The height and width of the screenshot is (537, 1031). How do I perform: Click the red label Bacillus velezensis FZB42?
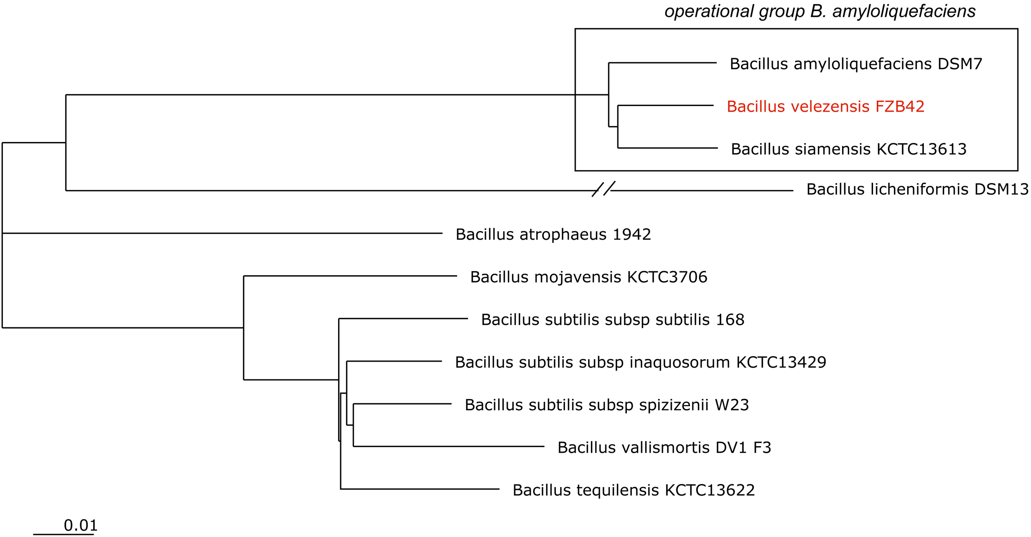[x=825, y=106]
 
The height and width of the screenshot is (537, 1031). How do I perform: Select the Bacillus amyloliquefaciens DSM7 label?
[x=856, y=64]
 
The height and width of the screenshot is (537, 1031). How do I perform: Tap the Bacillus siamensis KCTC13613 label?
[x=849, y=149]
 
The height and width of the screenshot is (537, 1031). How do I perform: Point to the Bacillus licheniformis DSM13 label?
[x=917, y=189]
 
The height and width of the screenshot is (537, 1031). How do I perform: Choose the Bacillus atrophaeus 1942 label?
[x=553, y=234]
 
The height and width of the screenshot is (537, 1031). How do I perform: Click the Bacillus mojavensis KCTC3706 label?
[x=588, y=277]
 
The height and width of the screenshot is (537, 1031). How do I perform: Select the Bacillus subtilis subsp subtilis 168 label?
[x=612, y=319]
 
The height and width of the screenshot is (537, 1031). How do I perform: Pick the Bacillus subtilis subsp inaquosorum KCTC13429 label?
[x=640, y=362]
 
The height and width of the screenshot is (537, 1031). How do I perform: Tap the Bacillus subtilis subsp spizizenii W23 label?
[x=607, y=405]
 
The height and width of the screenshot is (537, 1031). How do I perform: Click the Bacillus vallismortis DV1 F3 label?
[x=664, y=447]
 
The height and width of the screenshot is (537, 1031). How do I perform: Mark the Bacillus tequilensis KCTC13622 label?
[x=633, y=490]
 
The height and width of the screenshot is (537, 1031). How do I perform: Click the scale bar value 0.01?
[x=80, y=525]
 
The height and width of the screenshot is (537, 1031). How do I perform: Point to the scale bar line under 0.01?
[x=64, y=535]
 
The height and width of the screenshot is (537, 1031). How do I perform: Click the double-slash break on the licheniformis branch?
[x=603, y=189]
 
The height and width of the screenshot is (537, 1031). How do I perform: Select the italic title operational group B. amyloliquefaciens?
[x=820, y=11]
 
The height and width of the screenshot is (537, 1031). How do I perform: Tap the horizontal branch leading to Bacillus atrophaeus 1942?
[x=223, y=233]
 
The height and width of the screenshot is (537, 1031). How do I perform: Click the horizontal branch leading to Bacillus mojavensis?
[x=351, y=276]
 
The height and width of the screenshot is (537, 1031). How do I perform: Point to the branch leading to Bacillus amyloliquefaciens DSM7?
[x=662, y=63]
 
